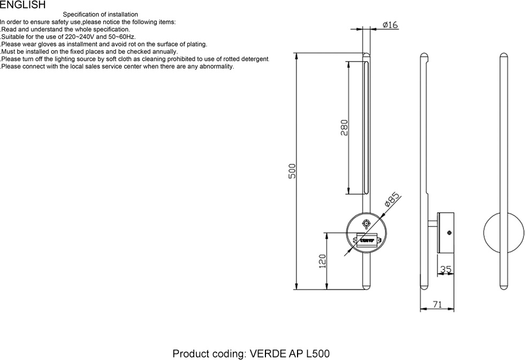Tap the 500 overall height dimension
pos(292,171)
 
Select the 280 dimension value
pos(344,127)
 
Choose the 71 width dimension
pos(437,304)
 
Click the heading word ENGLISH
pos(22,5)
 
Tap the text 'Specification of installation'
pos(100,14)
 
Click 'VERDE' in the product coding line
pos(268,354)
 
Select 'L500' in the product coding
pos(317,354)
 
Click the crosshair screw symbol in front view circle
pos(366,223)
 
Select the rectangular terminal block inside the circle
pos(367,240)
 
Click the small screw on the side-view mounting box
pos(449,232)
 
